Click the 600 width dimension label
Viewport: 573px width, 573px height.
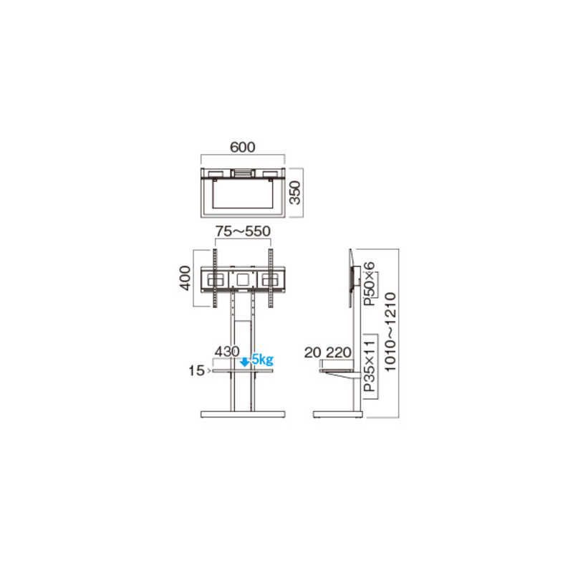pyautogui.click(x=243, y=147)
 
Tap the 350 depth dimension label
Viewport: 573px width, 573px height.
pyautogui.click(x=294, y=193)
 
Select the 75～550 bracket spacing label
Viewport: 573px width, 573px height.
pyautogui.click(x=243, y=231)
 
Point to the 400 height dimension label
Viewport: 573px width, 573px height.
pyautogui.click(x=185, y=278)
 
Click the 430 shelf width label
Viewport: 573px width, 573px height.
pyautogui.click(x=227, y=352)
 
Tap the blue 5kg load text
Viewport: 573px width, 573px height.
pyautogui.click(x=262, y=360)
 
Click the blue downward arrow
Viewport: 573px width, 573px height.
pyautogui.click(x=245, y=362)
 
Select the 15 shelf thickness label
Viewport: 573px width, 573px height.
pyautogui.click(x=196, y=370)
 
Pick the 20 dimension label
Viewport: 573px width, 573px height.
pyautogui.click(x=312, y=352)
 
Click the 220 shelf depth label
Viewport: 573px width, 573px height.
pyautogui.click(x=339, y=352)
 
